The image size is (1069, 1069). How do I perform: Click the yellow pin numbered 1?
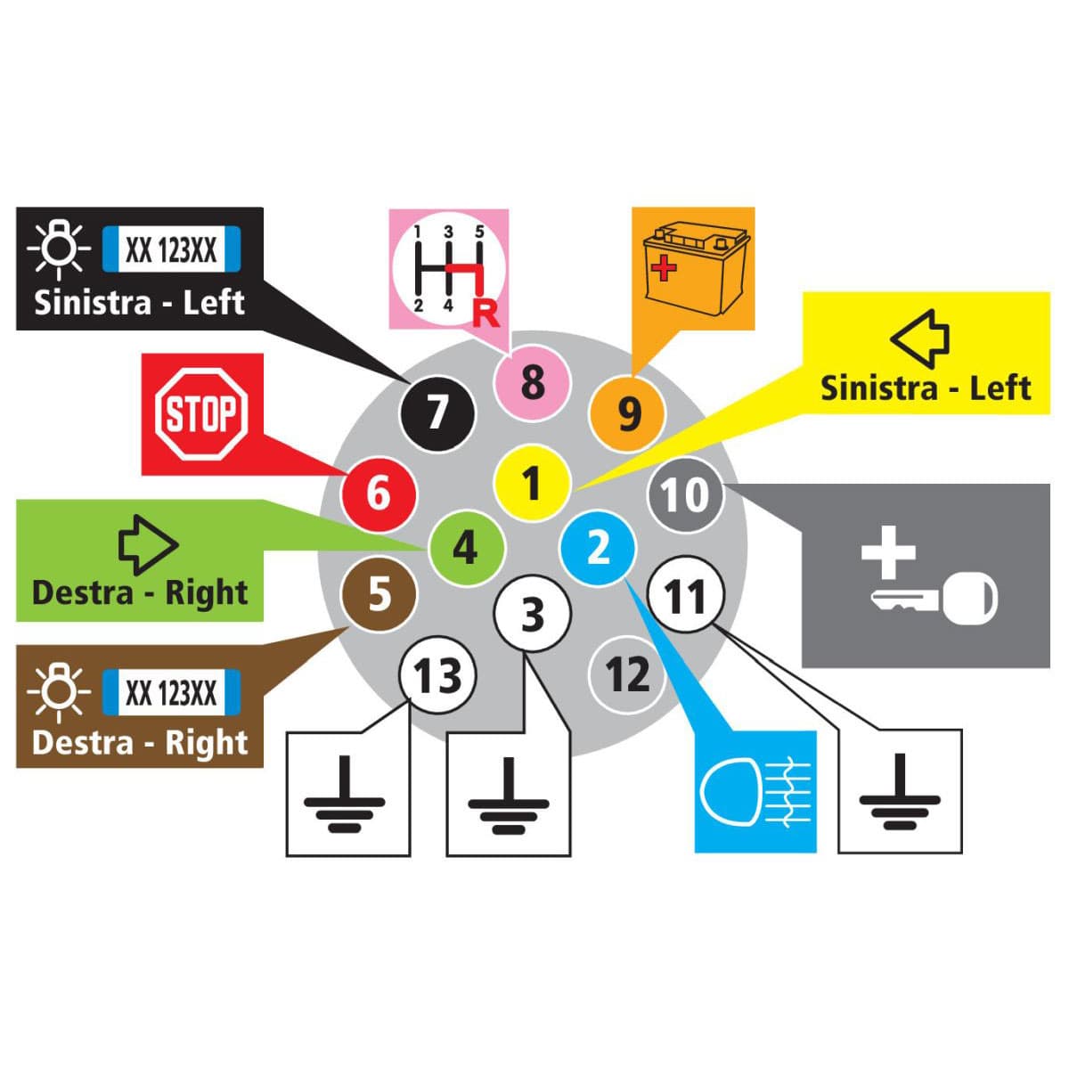(x=532, y=483)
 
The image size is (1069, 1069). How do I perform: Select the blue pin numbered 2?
(x=598, y=548)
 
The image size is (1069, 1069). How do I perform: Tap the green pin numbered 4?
(x=466, y=547)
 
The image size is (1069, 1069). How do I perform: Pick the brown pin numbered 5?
(x=379, y=594)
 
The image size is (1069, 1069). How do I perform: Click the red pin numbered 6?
(x=379, y=492)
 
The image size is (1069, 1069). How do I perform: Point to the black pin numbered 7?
(x=437, y=412)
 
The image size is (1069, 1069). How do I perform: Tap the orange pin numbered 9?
(x=628, y=412)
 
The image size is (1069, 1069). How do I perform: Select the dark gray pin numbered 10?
(x=686, y=495)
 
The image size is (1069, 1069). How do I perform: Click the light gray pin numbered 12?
(x=627, y=674)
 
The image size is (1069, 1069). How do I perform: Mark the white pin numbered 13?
(x=437, y=676)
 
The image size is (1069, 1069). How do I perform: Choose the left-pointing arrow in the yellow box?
(x=921, y=339)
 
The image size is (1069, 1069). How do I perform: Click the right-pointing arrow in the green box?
(x=148, y=544)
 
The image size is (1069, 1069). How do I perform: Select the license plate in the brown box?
(x=171, y=691)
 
